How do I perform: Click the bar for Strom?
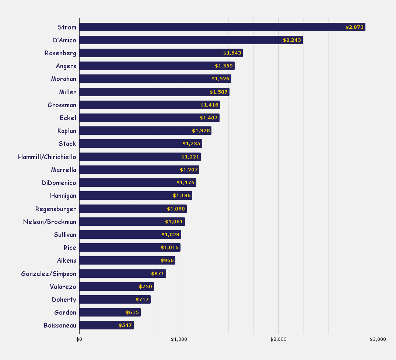point(222,27)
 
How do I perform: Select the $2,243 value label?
point(292,40)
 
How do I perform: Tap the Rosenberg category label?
point(60,53)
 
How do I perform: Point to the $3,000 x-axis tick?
point(378,339)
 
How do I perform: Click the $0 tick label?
point(79,339)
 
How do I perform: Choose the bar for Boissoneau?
point(106,325)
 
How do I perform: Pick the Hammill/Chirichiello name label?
point(47,157)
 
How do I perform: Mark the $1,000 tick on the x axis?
point(179,339)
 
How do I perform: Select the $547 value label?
point(125,325)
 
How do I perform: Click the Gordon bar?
point(110,312)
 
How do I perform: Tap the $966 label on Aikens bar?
point(167,261)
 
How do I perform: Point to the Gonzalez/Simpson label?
point(49,274)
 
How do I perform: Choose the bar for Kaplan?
point(145,131)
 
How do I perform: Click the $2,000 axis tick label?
point(278,339)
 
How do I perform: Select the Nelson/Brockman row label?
point(50,222)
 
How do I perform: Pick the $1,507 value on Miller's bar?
point(219,92)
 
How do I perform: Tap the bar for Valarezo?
point(116,287)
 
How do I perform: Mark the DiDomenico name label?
point(59,183)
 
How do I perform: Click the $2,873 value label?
point(355,27)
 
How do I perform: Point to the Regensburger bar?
point(133,209)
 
